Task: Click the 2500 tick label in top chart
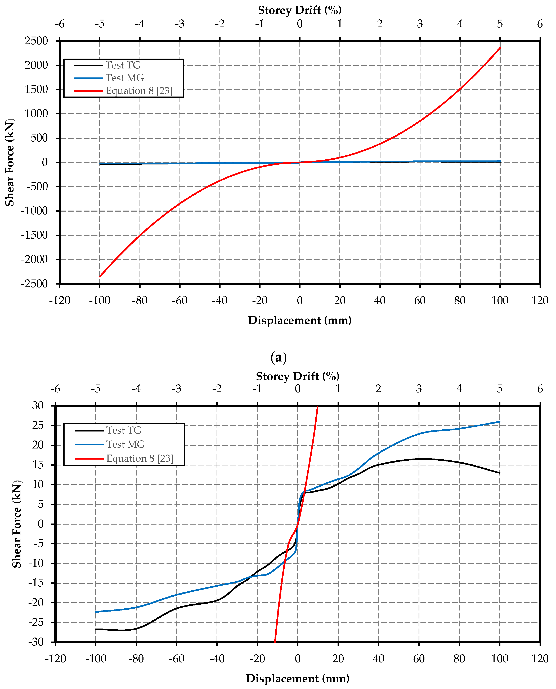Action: tap(36, 41)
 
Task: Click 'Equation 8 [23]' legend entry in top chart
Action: tap(139, 91)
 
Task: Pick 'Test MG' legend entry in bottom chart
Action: tap(125, 444)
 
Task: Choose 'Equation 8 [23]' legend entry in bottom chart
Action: tap(140, 459)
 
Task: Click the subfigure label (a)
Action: tap(278, 357)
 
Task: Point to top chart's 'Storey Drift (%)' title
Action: tap(300, 10)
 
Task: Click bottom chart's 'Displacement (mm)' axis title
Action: tap(298, 678)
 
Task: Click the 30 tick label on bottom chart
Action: tap(38, 406)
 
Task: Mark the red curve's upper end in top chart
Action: tap(500, 48)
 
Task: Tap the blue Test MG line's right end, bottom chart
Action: tap(500, 422)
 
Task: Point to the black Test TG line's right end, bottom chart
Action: tap(500, 473)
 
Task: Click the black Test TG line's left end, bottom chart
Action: tap(96, 629)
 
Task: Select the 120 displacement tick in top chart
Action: tap(540, 301)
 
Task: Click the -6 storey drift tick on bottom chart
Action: tap(55, 389)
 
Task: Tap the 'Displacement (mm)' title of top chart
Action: tap(300, 320)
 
